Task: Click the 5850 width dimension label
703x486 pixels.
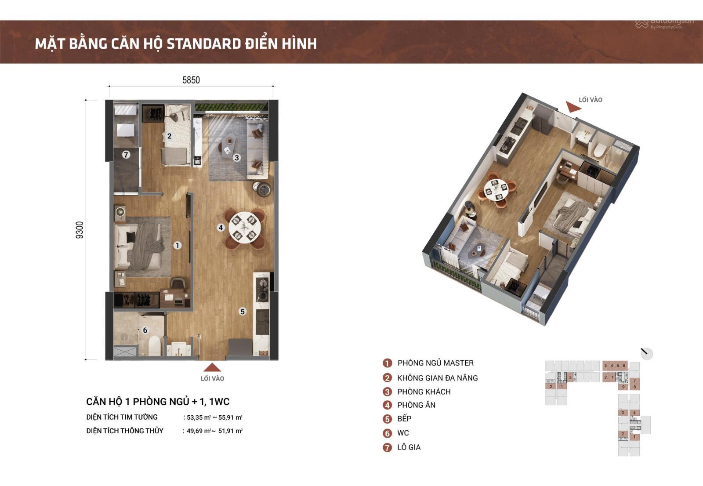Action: (191, 80)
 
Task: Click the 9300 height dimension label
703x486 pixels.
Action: (80, 229)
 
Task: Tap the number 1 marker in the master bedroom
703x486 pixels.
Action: (177, 245)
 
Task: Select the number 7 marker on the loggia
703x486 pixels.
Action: (126, 155)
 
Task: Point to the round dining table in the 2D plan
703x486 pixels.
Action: (245, 228)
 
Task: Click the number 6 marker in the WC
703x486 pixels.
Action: (145, 330)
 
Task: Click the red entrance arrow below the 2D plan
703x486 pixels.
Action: (212, 367)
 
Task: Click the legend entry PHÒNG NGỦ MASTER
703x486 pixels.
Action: (435, 363)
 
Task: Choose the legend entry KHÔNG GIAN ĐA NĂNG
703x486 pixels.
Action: (437, 378)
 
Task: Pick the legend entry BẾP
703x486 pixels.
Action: (404, 419)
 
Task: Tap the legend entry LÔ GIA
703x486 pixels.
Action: (409, 447)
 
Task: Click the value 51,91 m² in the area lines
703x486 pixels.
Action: (233, 431)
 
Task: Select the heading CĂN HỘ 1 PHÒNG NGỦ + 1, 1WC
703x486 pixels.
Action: (158, 402)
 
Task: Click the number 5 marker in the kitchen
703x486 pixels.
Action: (243, 312)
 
